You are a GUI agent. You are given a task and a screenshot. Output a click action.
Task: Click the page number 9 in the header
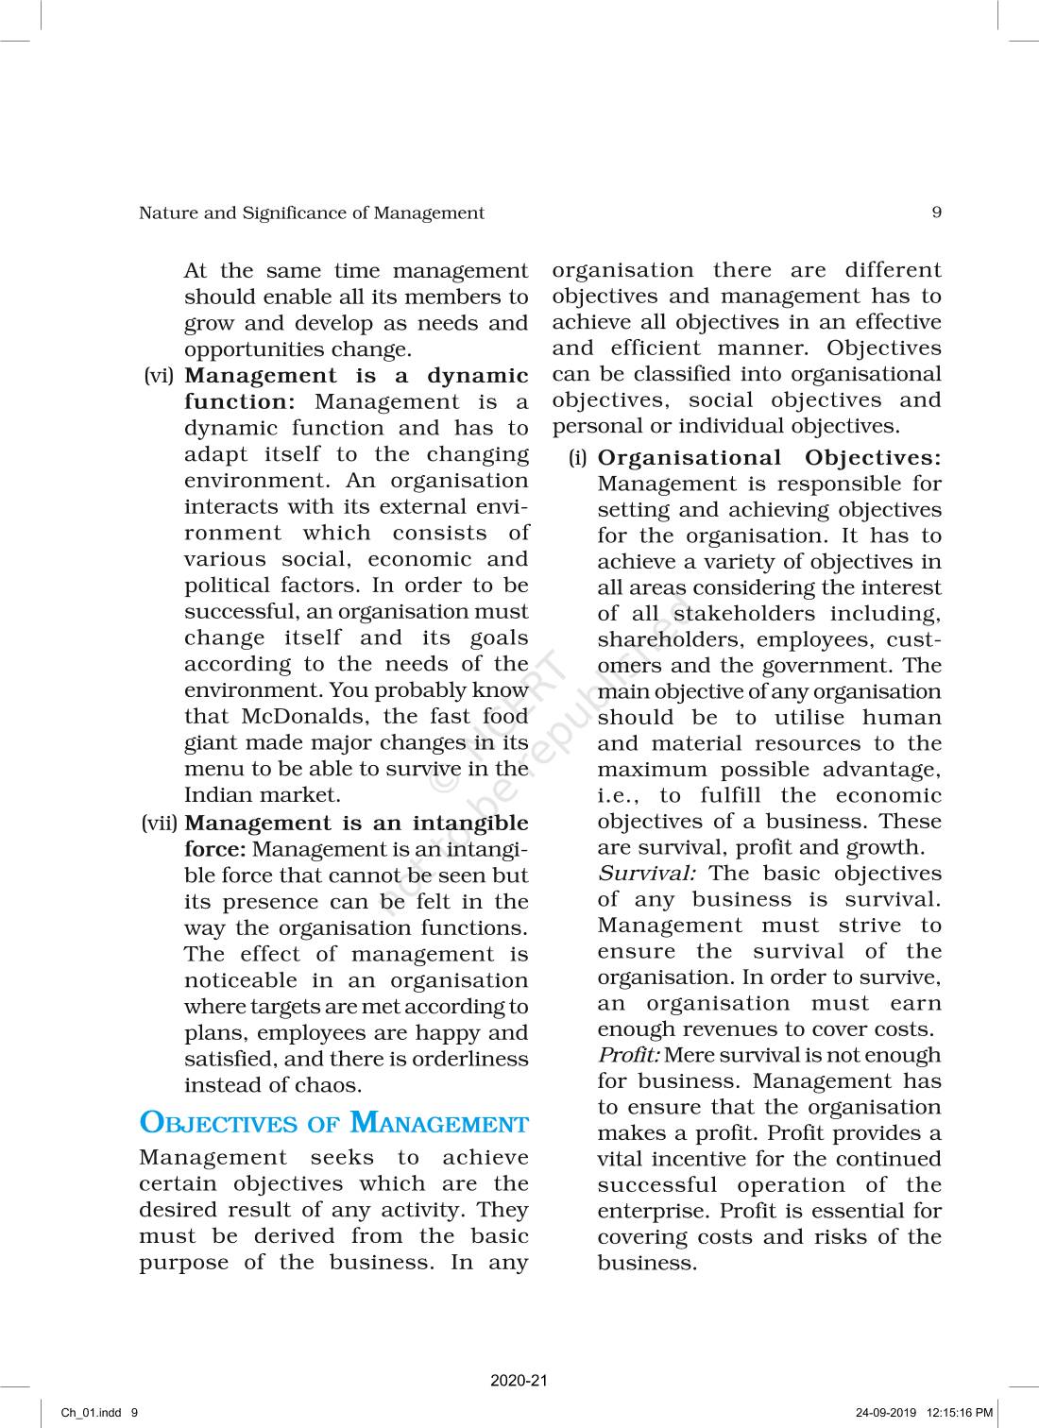click(x=936, y=212)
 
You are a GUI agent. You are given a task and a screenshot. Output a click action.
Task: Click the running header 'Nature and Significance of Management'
click(x=311, y=213)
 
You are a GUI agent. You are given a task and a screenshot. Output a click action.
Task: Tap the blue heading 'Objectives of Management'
click(x=333, y=1123)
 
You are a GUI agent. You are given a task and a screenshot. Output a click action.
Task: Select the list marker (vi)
click(x=159, y=376)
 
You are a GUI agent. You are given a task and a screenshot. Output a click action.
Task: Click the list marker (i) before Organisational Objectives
click(x=577, y=458)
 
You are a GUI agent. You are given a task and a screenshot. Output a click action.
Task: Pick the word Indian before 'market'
click(x=216, y=795)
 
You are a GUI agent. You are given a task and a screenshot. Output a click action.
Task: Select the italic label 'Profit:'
click(x=628, y=1055)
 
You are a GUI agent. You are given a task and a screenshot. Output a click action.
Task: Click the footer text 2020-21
click(x=519, y=1381)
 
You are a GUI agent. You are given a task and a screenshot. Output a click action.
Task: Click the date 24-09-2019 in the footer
click(x=886, y=1413)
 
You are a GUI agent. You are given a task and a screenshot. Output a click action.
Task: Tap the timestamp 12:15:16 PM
click(x=961, y=1413)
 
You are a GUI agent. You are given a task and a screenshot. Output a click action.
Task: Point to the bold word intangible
click(x=470, y=824)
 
